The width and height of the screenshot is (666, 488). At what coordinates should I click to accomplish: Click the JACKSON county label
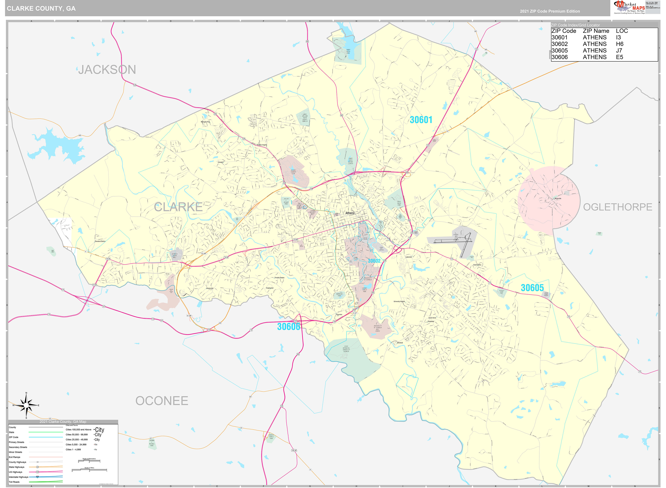107,70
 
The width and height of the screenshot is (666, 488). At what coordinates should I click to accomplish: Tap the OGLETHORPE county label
617,207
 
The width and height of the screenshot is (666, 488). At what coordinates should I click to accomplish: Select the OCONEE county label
162,401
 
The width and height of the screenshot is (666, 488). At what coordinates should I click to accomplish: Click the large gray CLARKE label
178,207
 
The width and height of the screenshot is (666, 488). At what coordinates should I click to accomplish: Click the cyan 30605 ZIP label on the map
532,288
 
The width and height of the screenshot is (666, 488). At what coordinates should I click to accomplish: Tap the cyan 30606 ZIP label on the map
289,326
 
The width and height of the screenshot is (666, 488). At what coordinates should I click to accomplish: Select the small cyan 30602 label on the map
374,261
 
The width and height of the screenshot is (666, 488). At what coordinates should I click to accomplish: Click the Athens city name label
350,213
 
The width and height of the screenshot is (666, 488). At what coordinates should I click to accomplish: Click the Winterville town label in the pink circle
558,199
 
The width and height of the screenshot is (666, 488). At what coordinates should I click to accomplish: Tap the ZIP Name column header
596,31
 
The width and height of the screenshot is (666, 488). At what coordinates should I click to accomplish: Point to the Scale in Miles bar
89,470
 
